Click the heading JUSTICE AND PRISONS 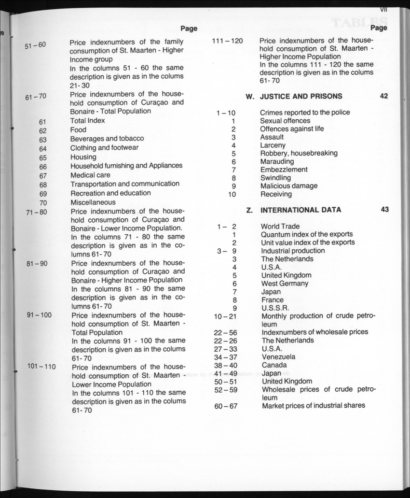pyautogui.click(x=301, y=96)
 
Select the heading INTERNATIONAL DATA pyautogui.click(x=301, y=210)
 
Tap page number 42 pyautogui.click(x=384, y=96)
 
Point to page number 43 pyautogui.click(x=384, y=210)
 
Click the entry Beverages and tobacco pyautogui.click(x=107, y=138)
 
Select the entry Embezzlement pyautogui.click(x=284, y=170)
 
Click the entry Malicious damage pyautogui.click(x=289, y=186)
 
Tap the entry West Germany pyautogui.click(x=285, y=284)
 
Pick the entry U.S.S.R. pyautogui.click(x=275, y=308)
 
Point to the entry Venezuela pyautogui.click(x=279, y=357)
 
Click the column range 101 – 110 pyautogui.click(x=41, y=366)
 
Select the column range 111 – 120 pyautogui.click(x=228, y=41)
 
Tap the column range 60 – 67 pyautogui.click(x=226, y=406)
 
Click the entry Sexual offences pyautogui.click(x=285, y=121)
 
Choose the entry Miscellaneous pyautogui.click(x=93, y=202)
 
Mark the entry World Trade pyautogui.click(x=280, y=226)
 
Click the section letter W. pyautogui.click(x=250, y=96)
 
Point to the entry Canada pyautogui.click(x=274, y=365)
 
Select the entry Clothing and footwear pyautogui.click(x=104, y=147)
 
